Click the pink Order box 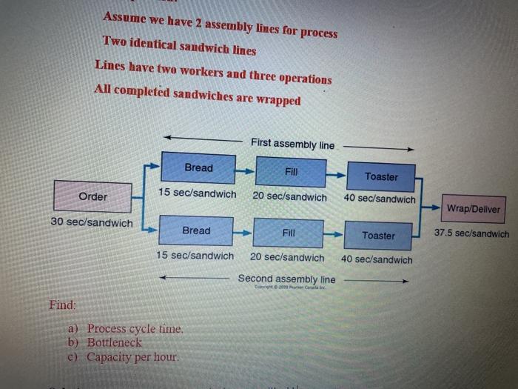pos(92,196)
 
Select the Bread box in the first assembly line pos(198,168)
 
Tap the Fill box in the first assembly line pos(291,171)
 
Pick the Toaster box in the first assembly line pos(380,176)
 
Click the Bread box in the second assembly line pos(196,230)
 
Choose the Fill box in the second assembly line pos(289,233)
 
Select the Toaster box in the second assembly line pos(378,235)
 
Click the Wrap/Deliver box pos(474,209)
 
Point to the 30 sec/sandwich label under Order pos(92,222)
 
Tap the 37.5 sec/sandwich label pos(471,233)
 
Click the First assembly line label pos(292,144)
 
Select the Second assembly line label pos(286,279)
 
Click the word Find pos(63,305)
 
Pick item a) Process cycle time pos(126,329)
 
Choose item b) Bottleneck pos(105,343)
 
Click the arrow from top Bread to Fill pos(246,170)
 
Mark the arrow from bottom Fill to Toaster pos(334,234)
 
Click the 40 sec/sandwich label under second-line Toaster pos(377,260)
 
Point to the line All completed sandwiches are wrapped pos(198,95)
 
